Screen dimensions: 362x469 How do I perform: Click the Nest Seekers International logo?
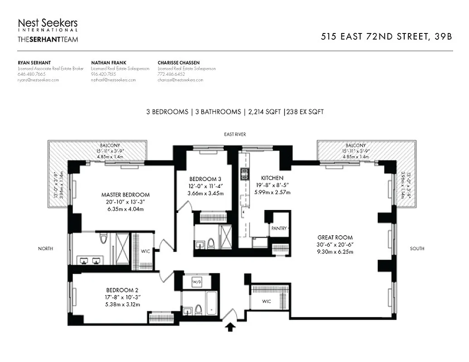tap(48, 25)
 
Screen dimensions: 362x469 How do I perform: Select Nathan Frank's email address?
tap(113, 80)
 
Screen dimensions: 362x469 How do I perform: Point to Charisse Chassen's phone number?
tap(171, 74)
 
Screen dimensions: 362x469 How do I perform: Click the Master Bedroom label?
tap(126, 195)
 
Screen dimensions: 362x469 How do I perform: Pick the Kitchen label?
tap(272, 178)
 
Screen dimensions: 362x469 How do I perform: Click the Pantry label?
tap(279, 229)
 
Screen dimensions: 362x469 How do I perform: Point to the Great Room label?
tap(335, 238)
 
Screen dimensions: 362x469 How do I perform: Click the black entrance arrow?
tap(231, 327)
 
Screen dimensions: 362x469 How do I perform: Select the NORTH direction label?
tap(45, 248)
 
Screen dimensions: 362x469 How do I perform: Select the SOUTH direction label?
tap(417, 248)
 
